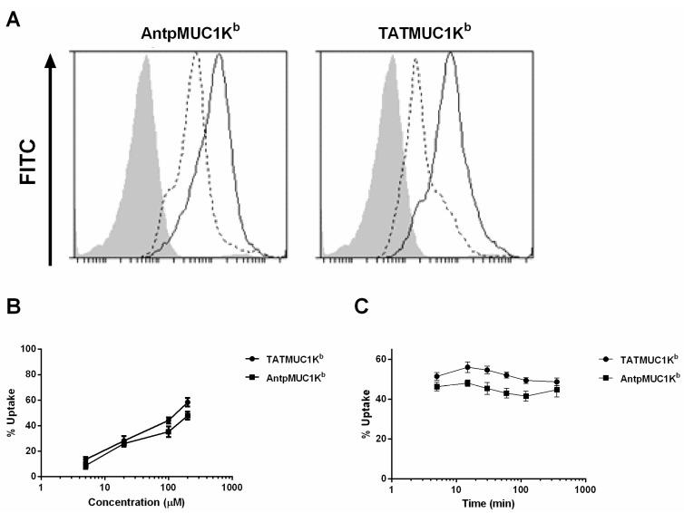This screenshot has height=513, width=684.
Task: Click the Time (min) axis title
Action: pos(488,502)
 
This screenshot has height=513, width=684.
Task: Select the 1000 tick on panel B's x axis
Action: pos(232,487)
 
